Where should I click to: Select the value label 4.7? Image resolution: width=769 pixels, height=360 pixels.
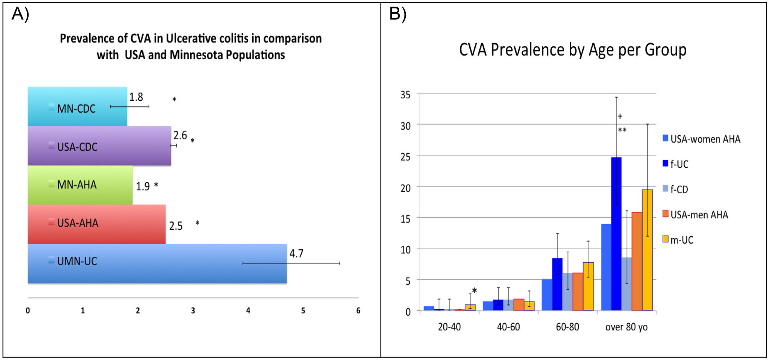coord(296,254)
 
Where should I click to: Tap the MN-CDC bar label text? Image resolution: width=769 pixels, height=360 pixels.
coord(76,109)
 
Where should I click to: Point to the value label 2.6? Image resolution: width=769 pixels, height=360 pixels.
coord(180,136)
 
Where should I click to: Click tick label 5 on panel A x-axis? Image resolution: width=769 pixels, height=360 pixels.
coord(303,311)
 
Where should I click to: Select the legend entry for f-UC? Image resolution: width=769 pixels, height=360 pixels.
coord(679,164)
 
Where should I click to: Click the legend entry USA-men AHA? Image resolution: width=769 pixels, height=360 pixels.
coord(699,215)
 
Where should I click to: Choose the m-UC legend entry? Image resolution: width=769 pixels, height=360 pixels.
coord(681,240)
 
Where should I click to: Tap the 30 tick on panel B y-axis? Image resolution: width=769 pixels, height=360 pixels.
coord(405,126)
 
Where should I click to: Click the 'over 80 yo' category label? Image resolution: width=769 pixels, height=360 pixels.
coord(626,327)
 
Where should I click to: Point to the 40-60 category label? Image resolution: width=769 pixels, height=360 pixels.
coord(508,327)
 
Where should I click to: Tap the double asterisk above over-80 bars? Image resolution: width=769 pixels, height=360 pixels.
coord(622,131)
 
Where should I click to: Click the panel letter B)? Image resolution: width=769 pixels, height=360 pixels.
coord(397,14)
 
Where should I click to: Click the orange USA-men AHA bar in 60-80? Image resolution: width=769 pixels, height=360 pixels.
coord(577,292)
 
